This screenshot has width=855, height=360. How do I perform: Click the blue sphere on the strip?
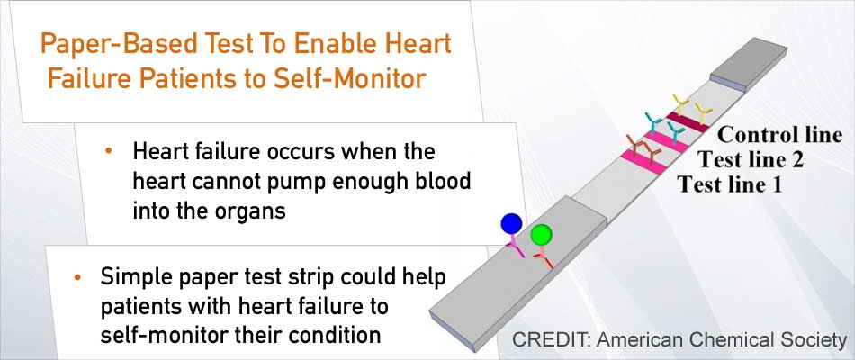coord(511,223)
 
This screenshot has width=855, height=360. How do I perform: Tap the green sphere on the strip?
coord(542,235)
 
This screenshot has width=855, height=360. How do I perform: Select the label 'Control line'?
coord(779,135)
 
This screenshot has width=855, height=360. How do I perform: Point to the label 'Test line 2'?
coord(751,160)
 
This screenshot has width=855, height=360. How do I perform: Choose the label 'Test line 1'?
coord(730,184)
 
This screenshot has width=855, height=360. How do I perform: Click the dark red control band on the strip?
coord(688,122)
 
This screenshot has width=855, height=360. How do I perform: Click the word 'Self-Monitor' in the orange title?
coord(349,78)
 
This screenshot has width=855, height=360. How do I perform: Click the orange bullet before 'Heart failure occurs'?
coord(109,150)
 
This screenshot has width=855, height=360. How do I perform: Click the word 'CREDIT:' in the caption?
coord(552,339)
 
